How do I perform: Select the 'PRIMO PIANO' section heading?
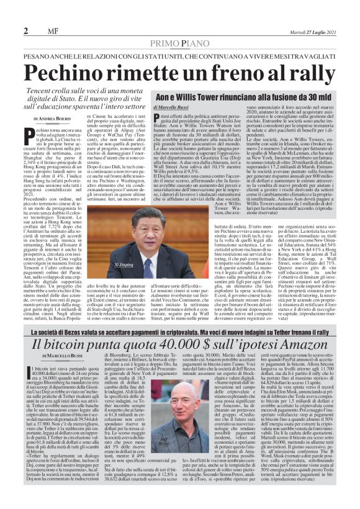click(x=179, y=42)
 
